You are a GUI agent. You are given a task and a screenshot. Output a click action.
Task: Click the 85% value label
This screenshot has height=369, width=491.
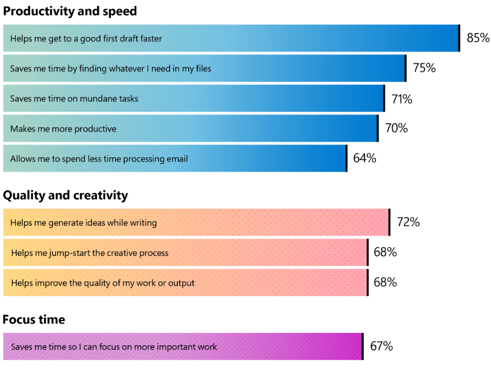(x=478, y=38)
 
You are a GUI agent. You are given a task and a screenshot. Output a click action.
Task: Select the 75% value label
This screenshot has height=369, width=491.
(x=424, y=68)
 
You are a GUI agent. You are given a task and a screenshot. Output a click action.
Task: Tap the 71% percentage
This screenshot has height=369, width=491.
(x=402, y=99)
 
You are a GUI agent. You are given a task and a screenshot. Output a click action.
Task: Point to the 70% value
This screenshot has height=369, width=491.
(x=396, y=129)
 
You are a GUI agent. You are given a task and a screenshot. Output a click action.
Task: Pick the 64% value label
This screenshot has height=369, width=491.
(x=364, y=158)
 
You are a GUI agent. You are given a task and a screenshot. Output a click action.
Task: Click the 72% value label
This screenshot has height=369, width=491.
(x=408, y=222)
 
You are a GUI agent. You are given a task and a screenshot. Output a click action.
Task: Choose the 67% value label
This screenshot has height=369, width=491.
(x=381, y=346)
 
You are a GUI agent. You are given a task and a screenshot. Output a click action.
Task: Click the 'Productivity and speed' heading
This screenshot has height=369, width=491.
(x=70, y=11)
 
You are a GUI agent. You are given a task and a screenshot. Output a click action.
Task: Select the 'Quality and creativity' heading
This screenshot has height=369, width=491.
(x=65, y=195)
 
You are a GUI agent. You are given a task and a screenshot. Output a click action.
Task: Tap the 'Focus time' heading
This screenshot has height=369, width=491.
(x=34, y=319)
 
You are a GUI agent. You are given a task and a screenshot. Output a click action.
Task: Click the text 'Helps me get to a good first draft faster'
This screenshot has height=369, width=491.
(x=86, y=38)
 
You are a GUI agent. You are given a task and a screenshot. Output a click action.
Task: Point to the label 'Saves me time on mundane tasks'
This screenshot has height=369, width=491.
(x=74, y=99)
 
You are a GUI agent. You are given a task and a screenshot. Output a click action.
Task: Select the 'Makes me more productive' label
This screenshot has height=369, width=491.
(x=63, y=129)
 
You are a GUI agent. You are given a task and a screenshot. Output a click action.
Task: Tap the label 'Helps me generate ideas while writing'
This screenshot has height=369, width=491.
(x=83, y=223)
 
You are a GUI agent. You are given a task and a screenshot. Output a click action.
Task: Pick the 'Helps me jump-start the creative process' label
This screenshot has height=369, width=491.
(x=90, y=253)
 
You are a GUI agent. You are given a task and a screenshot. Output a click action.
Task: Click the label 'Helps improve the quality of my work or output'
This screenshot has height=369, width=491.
(x=103, y=283)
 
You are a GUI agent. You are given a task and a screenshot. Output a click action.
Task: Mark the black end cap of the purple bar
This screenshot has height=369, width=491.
(x=362, y=346)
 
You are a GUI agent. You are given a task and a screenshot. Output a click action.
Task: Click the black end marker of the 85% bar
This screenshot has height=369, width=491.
(x=459, y=38)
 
